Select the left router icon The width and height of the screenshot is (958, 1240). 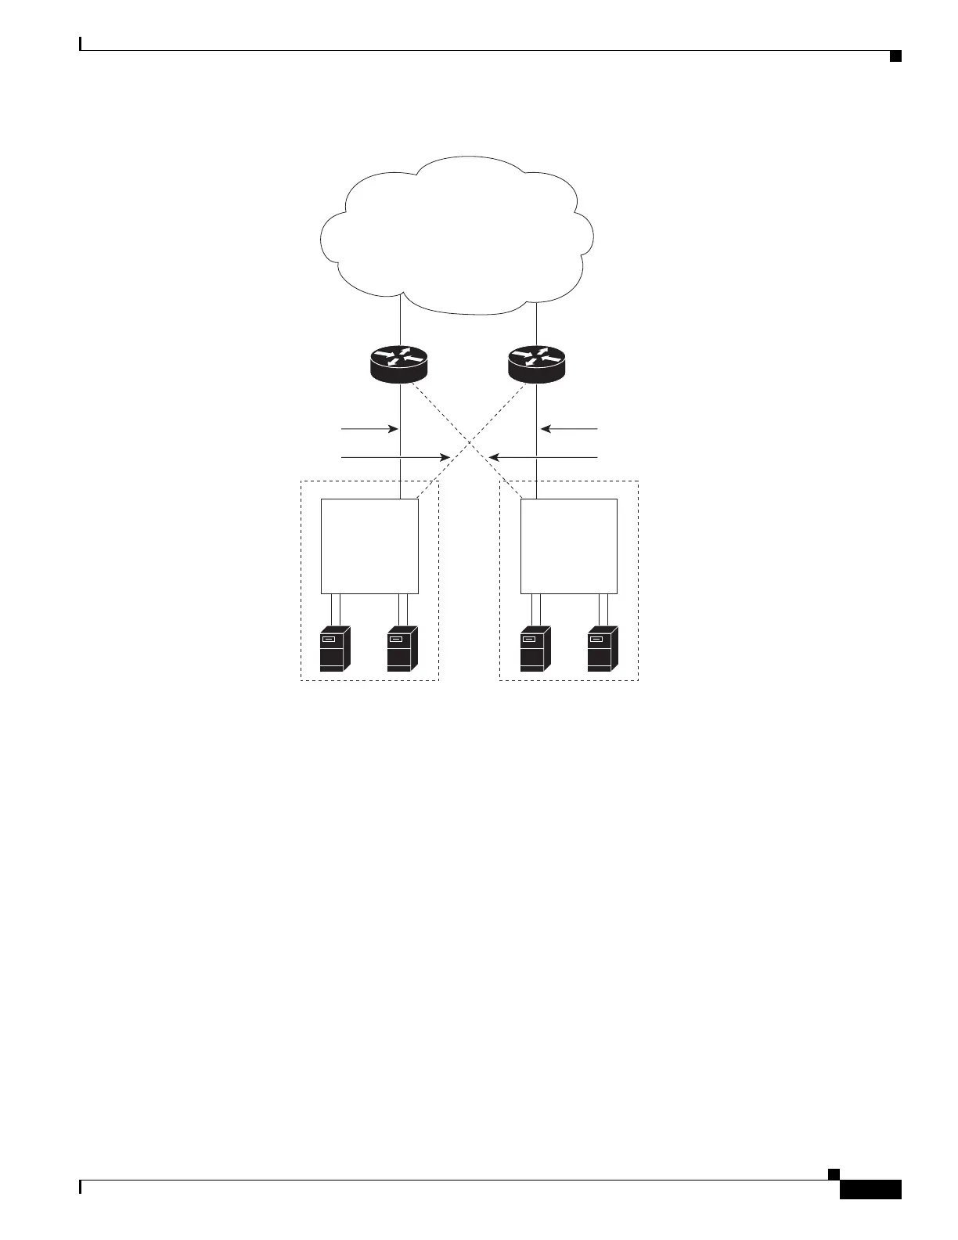point(399,364)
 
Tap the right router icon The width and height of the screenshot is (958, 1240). point(535,364)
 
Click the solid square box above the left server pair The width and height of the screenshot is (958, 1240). point(369,546)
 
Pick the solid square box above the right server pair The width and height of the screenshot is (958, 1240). point(569,546)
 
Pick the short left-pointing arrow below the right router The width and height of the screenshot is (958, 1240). point(570,429)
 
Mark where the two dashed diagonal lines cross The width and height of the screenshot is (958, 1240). point(468,442)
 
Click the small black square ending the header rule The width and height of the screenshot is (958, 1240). point(895,55)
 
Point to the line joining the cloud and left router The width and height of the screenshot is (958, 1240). point(400,321)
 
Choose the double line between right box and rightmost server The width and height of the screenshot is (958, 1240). point(603,610)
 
